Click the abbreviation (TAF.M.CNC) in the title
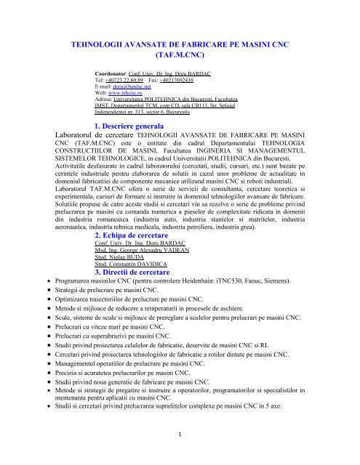coord(180,53)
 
